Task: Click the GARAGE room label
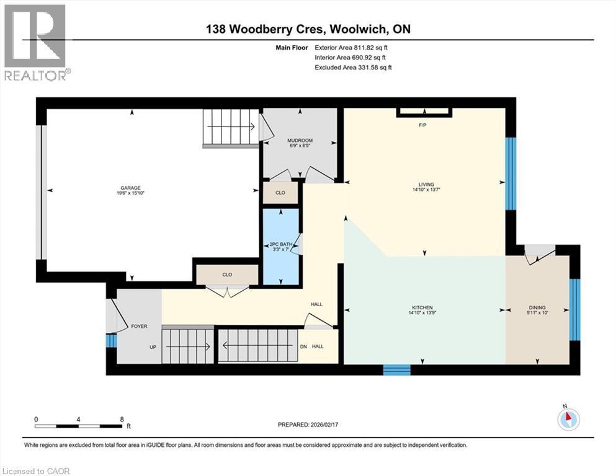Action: pos(130,188)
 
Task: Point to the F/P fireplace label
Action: pos(424,125)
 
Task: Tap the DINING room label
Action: pos(537,307)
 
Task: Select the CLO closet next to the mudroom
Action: pos(280,193)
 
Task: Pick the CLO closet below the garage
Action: pos(227,274)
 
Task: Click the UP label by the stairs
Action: pos(152,347)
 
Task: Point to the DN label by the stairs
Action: pos(303,346)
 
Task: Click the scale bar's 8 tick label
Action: pos(122,419)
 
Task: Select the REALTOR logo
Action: pos(36,43)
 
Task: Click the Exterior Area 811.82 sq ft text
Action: pos(353,47)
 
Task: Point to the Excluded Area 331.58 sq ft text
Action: pos(353,67)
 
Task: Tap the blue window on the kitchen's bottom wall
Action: pos(396,369)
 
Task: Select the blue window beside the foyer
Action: pos(111,340)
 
